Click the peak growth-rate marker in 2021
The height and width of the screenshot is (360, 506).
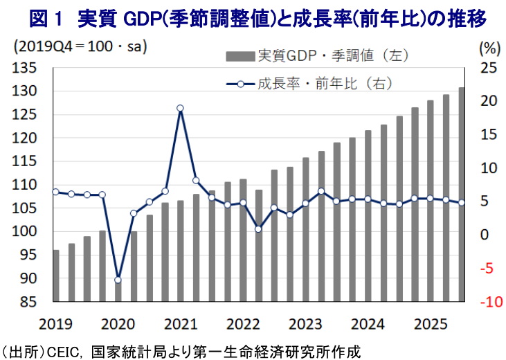[180, 108]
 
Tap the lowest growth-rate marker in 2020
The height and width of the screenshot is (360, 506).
[118, 280]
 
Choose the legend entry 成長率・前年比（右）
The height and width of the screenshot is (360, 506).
[325, 84]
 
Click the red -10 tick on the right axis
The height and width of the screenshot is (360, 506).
[487, 302]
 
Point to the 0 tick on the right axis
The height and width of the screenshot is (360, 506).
[485, 235]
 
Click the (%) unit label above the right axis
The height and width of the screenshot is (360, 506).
[489, 48]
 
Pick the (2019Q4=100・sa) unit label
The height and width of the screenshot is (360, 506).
[80, 48]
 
